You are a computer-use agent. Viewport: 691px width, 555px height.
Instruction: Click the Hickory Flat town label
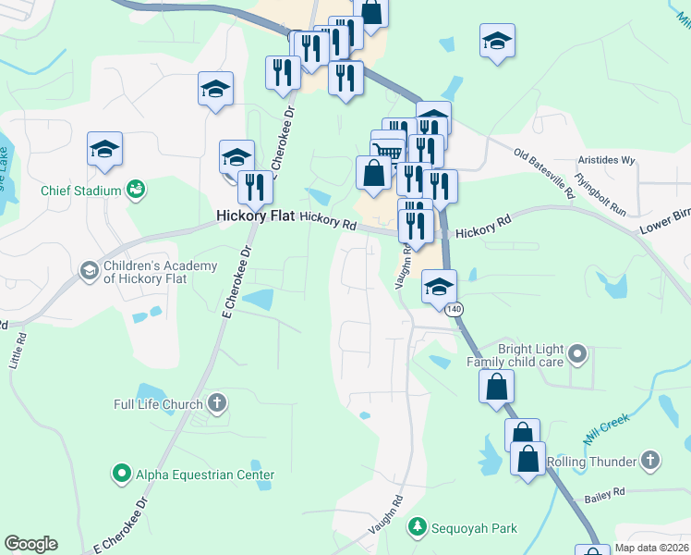pyautogui.click(x=254, y=216)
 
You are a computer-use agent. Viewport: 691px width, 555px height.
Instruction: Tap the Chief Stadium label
pyautogui.click(x=81, y=191)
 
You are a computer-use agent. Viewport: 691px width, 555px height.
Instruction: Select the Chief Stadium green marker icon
pyautogui.click(x=136, y=190)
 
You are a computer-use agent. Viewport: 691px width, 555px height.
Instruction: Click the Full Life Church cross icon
pyautogui.click(x=217, y=402)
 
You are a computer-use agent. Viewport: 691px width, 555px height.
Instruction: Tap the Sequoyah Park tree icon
pyautogui.click(x=418, y=527)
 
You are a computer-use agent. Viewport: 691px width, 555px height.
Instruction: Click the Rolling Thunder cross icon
pyautogui.click(x=650, y=460)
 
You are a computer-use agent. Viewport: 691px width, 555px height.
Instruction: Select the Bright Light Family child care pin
pyautogui.click(x=577, y=352)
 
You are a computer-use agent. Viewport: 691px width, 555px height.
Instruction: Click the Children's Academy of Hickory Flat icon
pyautogui.click(x=90, y=270)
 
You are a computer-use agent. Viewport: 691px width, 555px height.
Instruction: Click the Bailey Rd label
pyautogui.click(x=605, y=495)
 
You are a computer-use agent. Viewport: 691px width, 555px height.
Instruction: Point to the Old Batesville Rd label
pyautogui.click(x=545, y=172)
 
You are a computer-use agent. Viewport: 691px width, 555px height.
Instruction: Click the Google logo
pyautogui.click(x=30, y=544)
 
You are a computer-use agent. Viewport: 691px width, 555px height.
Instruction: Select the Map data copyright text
pyautogui.click(x=652, y=548)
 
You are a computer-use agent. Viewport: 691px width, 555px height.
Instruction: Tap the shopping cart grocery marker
pyautogui.click(x=389, y=152)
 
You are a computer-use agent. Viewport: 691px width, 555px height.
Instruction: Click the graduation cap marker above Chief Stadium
pyautogui.click(x=105, y=148)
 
